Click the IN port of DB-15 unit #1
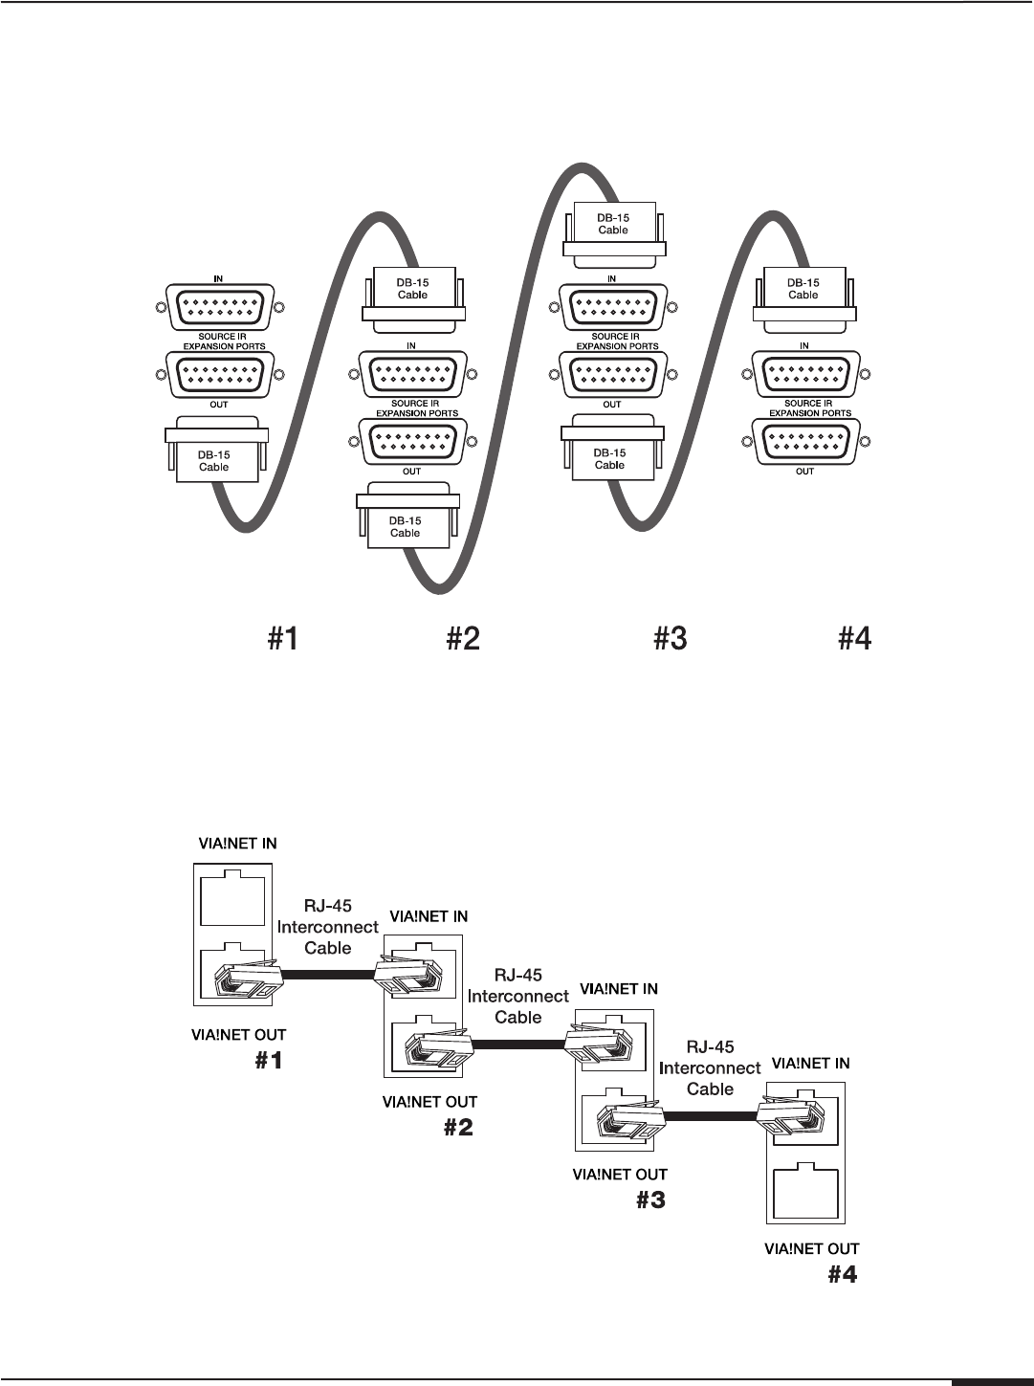click(219, 308)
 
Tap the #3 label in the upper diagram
click(671, 638)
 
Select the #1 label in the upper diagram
click(281, 638)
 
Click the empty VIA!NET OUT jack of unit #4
click(804, 1190)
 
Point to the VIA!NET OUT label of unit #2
click(429, 1103)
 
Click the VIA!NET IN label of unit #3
click(618, 989)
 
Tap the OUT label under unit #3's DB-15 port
click(612, 405)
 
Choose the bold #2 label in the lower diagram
click(458, 1128)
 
